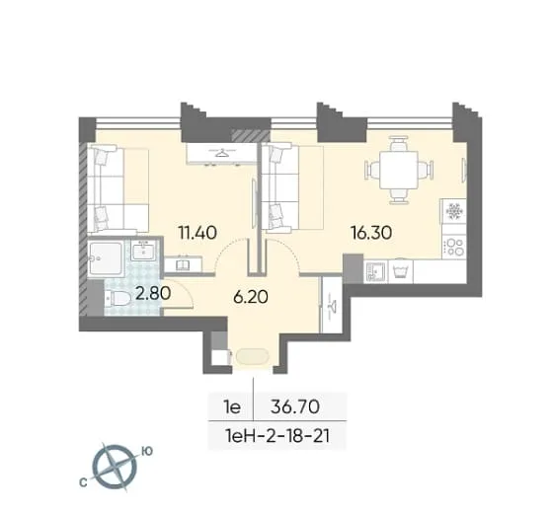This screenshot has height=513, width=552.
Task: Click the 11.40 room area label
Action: (197, 233)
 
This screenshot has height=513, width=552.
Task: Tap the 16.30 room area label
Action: (371, 233)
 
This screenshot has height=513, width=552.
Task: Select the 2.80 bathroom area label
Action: (153, 293)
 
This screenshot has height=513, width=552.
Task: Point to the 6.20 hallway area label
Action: (251, 298)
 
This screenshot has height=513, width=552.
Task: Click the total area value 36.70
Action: (295, 407)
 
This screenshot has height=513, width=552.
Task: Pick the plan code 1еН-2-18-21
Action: (277, 436)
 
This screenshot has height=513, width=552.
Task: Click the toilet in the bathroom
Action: (118, 299)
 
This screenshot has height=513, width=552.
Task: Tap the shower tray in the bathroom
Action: (105, 258)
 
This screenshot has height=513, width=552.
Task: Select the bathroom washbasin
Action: (143, 251)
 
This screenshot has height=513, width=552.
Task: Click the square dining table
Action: (399, 170)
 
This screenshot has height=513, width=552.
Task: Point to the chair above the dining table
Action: (399, 143)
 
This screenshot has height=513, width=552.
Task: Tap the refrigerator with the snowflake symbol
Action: (454, 211)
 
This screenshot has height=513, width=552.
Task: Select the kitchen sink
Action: (375, 271)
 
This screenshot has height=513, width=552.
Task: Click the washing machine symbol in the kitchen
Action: (401, 271)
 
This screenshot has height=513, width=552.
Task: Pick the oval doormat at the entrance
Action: (253, 356)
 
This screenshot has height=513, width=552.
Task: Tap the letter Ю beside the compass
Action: (147, 451)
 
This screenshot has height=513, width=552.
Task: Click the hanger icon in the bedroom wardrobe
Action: (222, 153)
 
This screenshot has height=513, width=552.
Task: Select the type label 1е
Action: (232, 407)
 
